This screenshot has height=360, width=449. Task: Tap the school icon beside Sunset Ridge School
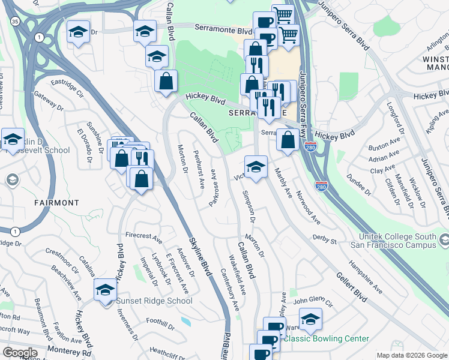click(106, 290)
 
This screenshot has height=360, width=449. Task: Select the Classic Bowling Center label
click(326, 338)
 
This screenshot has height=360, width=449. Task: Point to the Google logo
click(20, 353)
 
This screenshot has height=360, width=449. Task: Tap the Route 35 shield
click(14, 21)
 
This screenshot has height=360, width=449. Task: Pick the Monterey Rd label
click(70, 353)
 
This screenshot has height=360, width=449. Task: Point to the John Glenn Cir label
click(312, 299)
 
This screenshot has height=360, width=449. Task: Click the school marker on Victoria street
click(256, 167)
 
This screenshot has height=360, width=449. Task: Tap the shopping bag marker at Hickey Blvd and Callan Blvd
click(166, 80)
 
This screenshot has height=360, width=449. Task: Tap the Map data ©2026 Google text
click(412, 355)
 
